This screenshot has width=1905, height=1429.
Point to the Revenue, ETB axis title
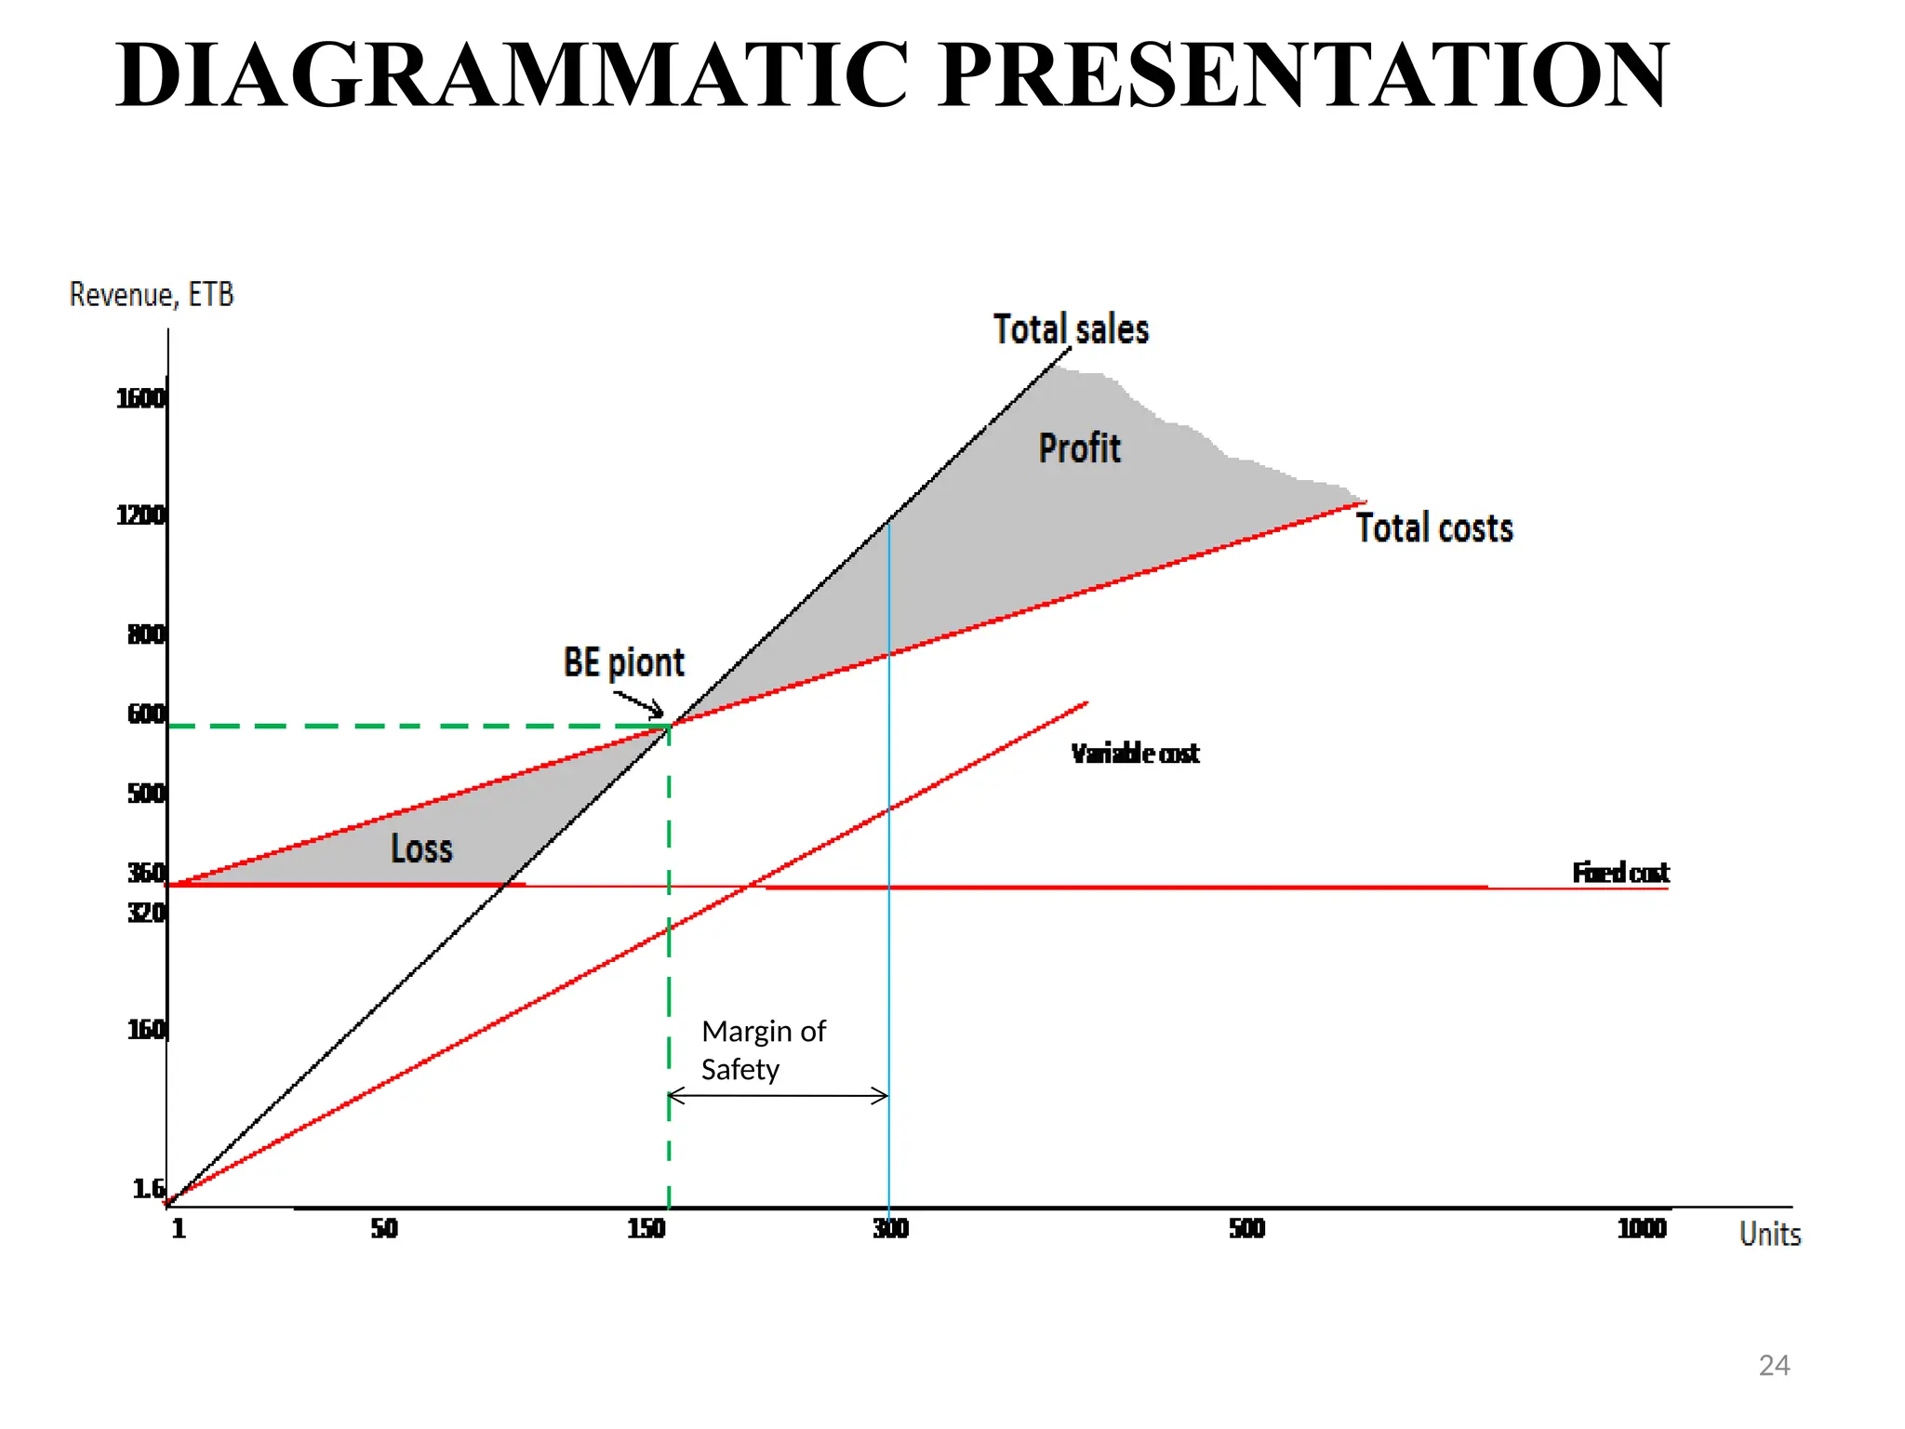click(152, 295)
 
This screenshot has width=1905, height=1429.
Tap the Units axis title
click(1769, 1235)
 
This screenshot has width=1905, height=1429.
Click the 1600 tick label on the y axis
click(140, 399)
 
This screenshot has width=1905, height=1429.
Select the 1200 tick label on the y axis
click(140, 515)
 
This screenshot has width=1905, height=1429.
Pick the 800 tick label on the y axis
click(146, 634)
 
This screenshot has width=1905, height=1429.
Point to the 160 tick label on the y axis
click(146, 1030)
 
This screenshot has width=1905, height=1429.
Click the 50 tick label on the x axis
click(384, 1229)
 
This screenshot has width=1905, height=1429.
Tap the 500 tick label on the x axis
click(1246, 1229)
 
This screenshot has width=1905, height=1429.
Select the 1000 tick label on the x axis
click(1642, 1229)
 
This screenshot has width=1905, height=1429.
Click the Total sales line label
click(1071, 330)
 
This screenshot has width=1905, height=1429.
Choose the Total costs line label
click(1433, 528)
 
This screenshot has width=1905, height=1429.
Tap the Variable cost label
click(1135, 754)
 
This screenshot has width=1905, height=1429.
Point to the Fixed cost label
click(1620, 873)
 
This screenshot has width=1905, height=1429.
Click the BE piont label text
click(623, 663)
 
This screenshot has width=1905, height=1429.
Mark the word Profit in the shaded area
click(1079, 448)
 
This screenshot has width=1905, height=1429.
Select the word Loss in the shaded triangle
click(421, 848)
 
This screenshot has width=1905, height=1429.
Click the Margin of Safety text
click(763, 1050)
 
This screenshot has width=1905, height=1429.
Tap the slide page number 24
click(1774, 1365)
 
